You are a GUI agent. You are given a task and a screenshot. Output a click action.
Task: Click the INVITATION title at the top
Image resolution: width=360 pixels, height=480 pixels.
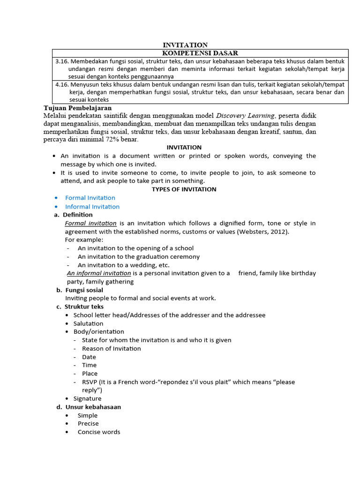185,45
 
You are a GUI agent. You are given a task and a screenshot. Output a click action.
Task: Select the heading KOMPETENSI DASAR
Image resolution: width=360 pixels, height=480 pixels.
200,53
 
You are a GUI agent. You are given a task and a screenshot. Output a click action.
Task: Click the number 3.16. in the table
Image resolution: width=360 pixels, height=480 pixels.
62,61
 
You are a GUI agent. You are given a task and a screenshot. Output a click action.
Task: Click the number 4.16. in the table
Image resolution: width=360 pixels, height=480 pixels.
62,85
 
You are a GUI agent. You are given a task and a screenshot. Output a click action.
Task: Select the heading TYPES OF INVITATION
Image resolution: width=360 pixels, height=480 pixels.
184,189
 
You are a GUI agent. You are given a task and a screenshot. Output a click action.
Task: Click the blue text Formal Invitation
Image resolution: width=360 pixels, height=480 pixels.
90,198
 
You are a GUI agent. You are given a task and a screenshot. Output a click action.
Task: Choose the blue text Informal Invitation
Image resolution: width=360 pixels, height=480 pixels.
92,207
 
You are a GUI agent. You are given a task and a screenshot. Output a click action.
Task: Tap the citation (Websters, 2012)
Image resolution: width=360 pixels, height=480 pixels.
262,232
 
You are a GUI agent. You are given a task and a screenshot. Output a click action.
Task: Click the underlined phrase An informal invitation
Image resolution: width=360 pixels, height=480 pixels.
99,273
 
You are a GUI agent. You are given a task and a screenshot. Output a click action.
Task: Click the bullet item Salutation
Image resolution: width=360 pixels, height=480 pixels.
88,323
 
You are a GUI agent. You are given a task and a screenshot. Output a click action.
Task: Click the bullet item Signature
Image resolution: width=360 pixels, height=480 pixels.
87,398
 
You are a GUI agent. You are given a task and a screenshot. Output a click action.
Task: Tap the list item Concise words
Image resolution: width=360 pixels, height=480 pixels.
99,432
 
